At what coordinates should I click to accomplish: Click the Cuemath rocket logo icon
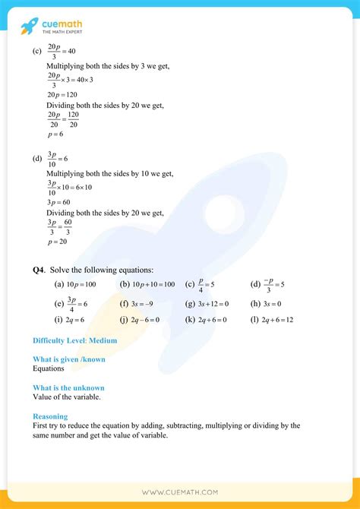29,26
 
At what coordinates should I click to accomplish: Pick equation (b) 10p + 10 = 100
152,284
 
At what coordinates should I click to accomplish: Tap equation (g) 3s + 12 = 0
211,304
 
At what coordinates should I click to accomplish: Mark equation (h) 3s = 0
269,304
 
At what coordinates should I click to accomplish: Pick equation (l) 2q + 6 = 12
276,320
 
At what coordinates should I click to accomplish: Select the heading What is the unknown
68,388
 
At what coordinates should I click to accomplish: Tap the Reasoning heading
50,416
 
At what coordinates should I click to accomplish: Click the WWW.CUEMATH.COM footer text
180,492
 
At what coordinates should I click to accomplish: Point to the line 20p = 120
63,95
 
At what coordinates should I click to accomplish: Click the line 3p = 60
60,203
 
